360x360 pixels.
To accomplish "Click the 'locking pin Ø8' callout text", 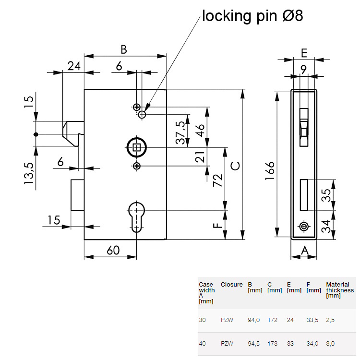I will (x=252, y=15).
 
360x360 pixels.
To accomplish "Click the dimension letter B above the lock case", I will (x=123, y=49).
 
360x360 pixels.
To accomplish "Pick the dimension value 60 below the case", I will (x=112, y=250).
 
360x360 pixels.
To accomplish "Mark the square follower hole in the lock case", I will (x=137, y=147).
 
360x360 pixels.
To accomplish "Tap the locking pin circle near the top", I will (x=142, y=115).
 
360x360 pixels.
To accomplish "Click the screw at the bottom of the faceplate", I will (x=303, y=226).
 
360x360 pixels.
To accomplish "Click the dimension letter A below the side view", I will (x=304, y=250).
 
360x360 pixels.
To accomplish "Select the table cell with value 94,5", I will (x=253, y=343).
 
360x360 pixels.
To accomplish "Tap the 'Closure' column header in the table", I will (x=231, y=285).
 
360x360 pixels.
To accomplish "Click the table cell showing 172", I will (x=272, y=320).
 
